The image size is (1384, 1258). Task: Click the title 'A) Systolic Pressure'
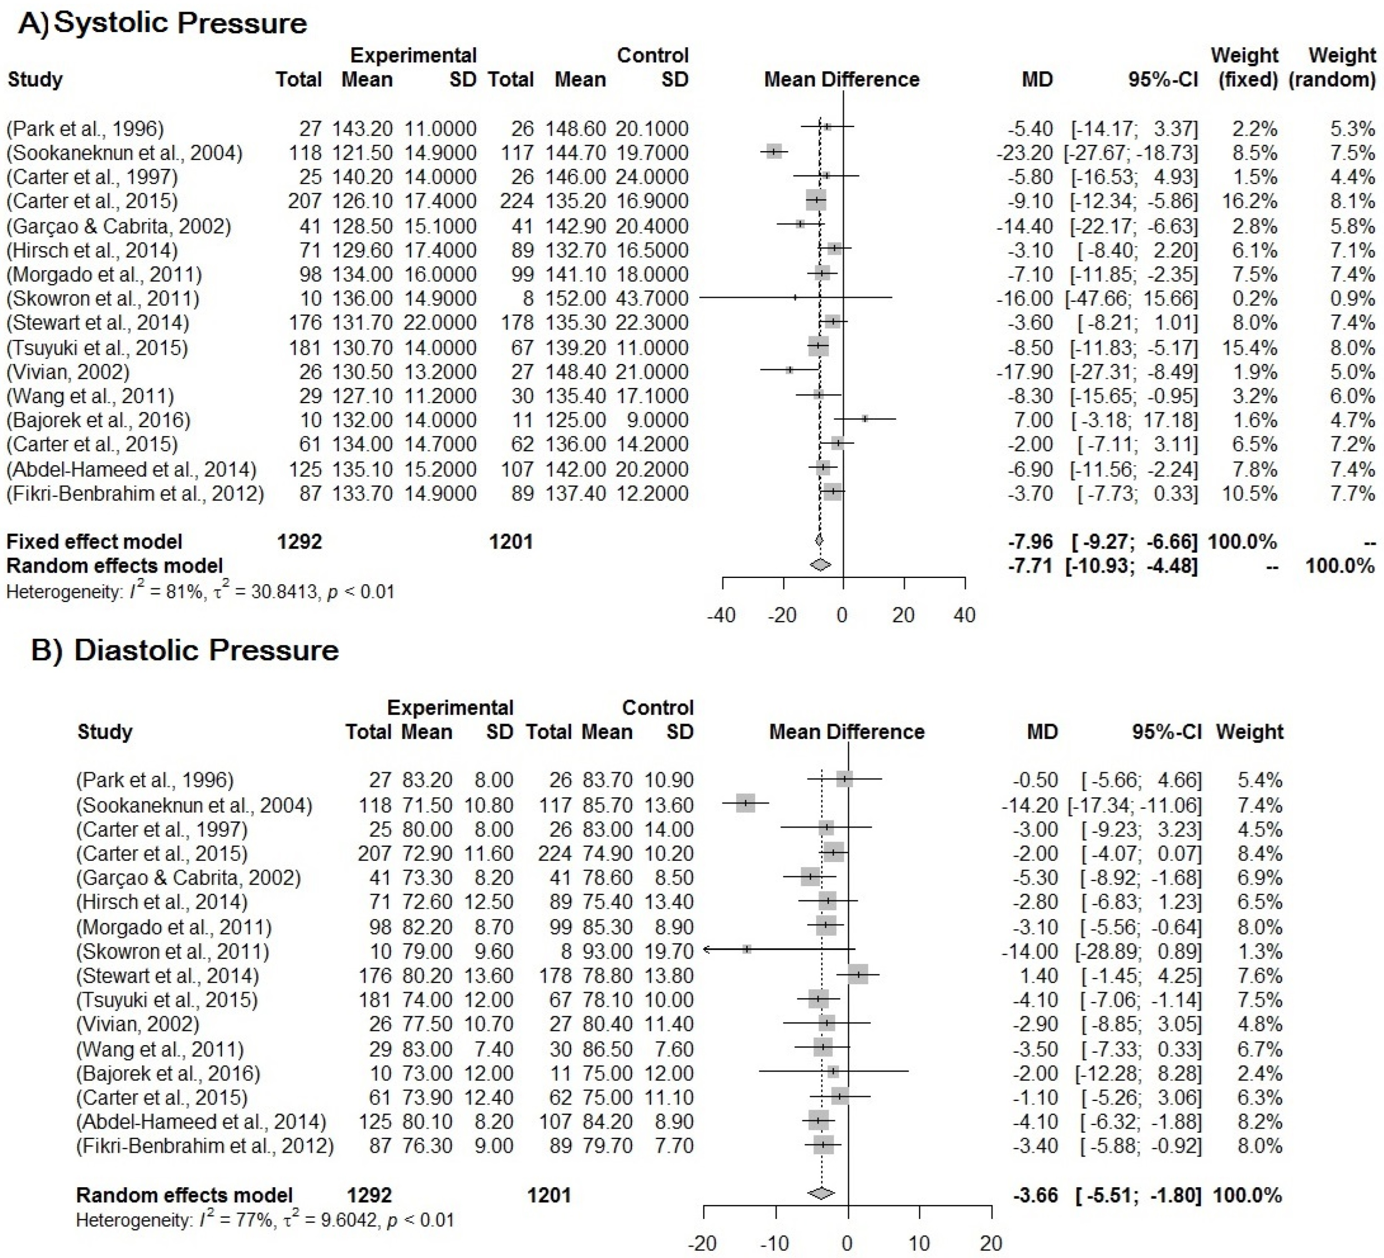click(x=163, y=23)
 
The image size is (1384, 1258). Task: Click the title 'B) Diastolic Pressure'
click(x=185, y=650)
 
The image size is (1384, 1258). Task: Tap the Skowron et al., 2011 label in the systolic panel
click(x=103, y=299)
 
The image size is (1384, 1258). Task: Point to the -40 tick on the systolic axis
click(x=722, y=615)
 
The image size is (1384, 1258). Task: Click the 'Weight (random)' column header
click(x=1332, y=67)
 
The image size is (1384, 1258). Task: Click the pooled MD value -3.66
click(x=1035, y=1195)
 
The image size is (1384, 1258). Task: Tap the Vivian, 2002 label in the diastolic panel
click(x=137, y=1024)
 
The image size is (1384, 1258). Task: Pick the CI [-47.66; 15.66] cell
click(x=1132, y=299)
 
